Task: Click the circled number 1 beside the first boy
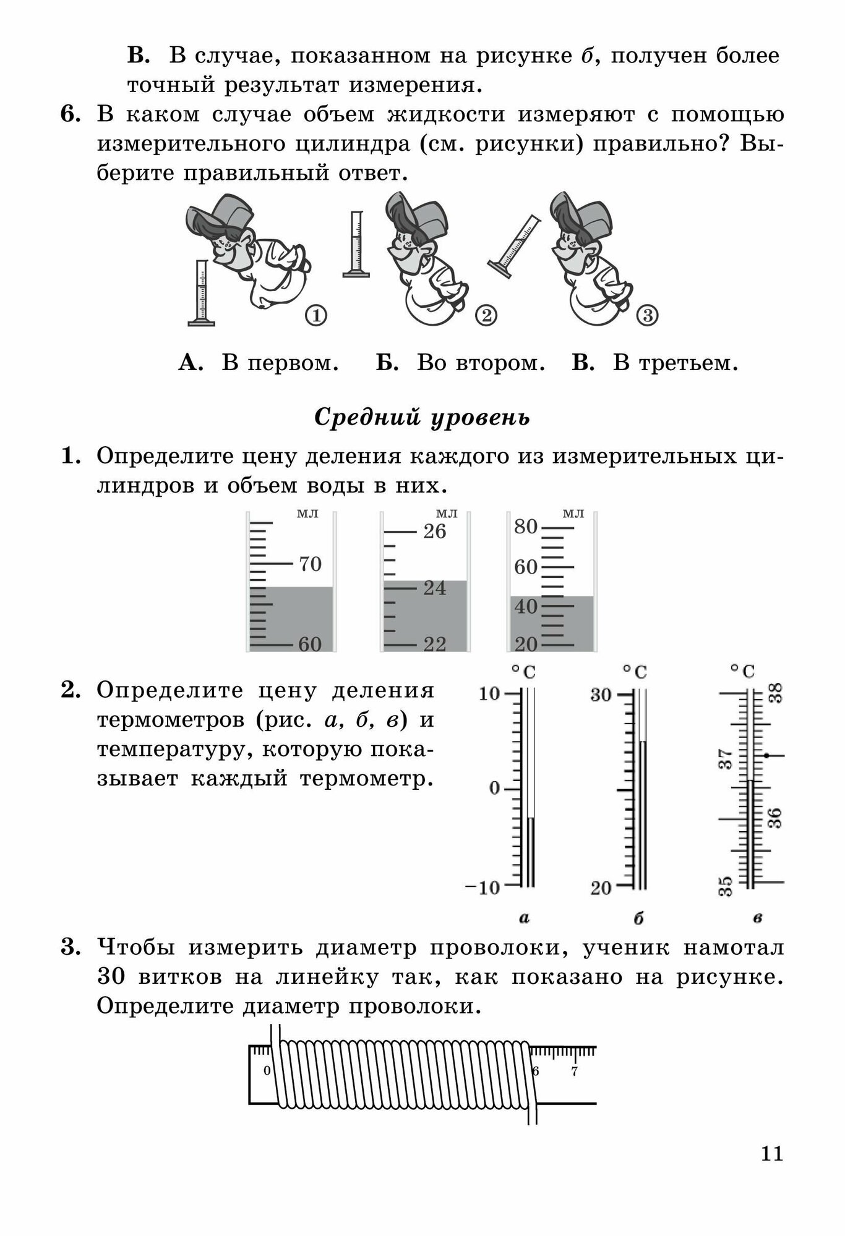(315, 316)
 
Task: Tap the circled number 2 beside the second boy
(486, 316)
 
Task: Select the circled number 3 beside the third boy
(647, 316)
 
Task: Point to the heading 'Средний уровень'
(422, 418)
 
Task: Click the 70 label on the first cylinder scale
(310, 564)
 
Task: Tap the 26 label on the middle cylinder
(434, 531)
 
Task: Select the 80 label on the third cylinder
(525, 527)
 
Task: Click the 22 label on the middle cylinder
(434, 645)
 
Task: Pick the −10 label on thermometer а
(482, 887)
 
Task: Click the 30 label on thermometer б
(600, 695)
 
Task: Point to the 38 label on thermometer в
(776, 693)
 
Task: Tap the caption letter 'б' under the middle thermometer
(638, 919)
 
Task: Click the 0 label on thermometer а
(494, 789)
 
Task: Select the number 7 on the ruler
(574, 1072)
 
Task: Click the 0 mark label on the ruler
(267, 1071)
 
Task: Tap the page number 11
(772, 1154)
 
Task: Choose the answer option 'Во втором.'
(480, 363)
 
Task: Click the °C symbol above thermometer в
(742, 671)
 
